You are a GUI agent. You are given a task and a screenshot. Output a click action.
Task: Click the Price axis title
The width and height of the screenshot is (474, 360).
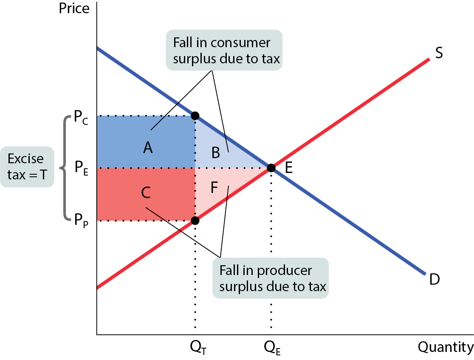[74, 8]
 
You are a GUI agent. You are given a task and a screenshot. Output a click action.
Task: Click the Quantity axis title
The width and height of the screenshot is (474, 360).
[446, 347]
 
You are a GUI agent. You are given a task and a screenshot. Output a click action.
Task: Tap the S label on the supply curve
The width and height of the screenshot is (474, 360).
[439, 53]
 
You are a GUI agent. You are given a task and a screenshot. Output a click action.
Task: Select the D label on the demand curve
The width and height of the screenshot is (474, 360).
[434, 279]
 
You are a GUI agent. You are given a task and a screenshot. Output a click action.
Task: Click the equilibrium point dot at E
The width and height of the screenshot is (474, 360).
[271, 168]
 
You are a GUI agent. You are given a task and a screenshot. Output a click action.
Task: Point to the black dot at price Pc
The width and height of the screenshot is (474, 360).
[195, 116]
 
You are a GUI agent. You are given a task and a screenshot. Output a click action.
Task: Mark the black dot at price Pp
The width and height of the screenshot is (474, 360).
[195, 221]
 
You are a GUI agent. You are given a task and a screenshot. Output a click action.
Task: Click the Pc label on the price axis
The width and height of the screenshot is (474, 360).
[81, 117]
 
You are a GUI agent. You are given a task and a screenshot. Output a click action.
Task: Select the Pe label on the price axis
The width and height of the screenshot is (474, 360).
[81, 168]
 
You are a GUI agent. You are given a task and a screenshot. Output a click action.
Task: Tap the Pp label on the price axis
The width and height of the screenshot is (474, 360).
[81, 220]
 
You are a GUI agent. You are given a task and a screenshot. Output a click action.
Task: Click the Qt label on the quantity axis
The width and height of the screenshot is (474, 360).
[198, 347]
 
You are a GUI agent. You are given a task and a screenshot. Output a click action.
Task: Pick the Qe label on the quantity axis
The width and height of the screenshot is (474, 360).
[272, 347]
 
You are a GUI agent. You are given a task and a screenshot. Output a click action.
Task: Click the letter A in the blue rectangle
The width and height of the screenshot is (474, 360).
[148, 148]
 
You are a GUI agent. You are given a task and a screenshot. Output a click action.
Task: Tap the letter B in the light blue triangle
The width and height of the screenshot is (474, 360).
[215, 153]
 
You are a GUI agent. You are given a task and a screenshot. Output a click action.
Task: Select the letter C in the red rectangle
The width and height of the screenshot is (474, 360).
[146, 193]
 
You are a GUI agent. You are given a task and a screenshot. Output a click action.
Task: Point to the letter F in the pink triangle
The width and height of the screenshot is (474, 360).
[214, 187]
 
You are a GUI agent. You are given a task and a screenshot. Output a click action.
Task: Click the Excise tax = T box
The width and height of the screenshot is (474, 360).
[27, 167]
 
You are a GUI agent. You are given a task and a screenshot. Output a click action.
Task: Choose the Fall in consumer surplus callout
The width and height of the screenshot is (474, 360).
[224, 50]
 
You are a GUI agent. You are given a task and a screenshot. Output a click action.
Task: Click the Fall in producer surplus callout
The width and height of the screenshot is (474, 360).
[271, 278]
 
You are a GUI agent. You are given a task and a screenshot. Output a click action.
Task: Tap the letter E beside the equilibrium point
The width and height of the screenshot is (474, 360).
[289, 168]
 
